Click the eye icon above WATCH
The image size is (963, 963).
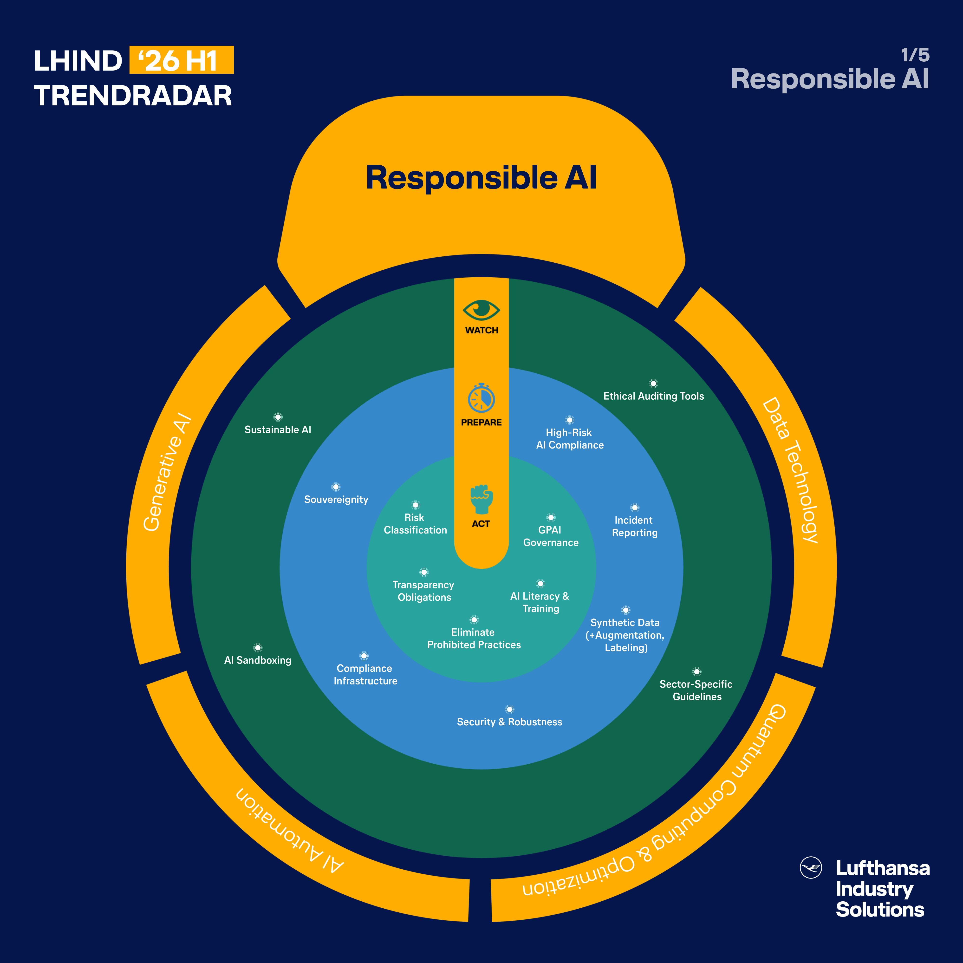tap(481, 310)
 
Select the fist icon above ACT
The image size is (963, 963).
tap(481, 498)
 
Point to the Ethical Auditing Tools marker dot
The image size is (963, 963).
tap(653, 383)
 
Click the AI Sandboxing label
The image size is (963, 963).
tap(258, 660)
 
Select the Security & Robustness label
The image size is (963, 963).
tap(509, 722)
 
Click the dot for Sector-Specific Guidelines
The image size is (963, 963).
tap(697, 671)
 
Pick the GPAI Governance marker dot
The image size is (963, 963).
tap(551, 517)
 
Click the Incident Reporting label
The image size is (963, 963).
tap(634, 526)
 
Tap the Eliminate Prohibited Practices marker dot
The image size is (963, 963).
tap(474, 619)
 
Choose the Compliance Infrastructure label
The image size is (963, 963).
tap(365, 674)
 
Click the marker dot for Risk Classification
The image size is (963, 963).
tap(415, 505)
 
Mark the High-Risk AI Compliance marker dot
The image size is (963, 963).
tap(569, 420)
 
